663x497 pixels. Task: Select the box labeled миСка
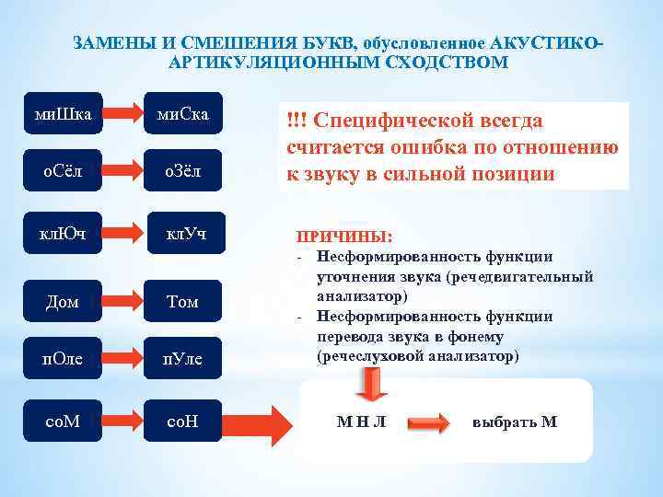point(182,114)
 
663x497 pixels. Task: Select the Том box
point(182,301)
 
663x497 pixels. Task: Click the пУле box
point(182,356)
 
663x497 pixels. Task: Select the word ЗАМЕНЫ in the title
point(103,44)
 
